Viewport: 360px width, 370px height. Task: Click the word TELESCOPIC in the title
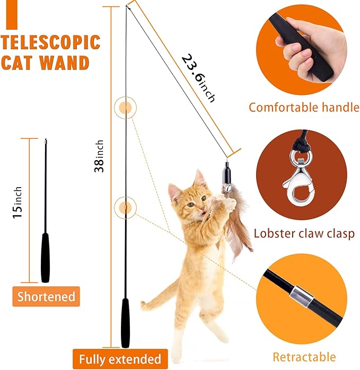(x=51, y=42)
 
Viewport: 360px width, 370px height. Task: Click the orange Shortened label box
(x=46, y=297)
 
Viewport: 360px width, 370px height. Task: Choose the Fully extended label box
(x=120, y=359)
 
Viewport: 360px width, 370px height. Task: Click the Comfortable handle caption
(x=304, y=108)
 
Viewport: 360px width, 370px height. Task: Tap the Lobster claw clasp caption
(x=304, y=233)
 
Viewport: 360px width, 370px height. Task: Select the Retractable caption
(x=304, y=357)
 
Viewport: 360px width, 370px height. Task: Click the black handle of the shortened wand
(x=46, y=257)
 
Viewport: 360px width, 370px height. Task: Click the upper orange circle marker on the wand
(x=125, y=108)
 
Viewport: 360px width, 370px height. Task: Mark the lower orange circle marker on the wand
(x=125, y=207)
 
